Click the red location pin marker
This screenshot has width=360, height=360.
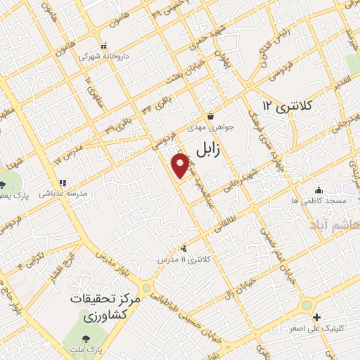point(181,165)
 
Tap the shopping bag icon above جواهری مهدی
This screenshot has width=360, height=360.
point(210,117)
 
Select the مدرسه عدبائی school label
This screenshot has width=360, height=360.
point(62,193)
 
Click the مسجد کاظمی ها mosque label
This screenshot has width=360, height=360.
point(320,201)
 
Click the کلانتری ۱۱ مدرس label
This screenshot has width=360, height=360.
point(184,259)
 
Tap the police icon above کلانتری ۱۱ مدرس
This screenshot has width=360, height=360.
point(184,247)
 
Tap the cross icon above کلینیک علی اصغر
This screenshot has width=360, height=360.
point(316,318)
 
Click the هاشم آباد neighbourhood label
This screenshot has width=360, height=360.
point(336,224)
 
